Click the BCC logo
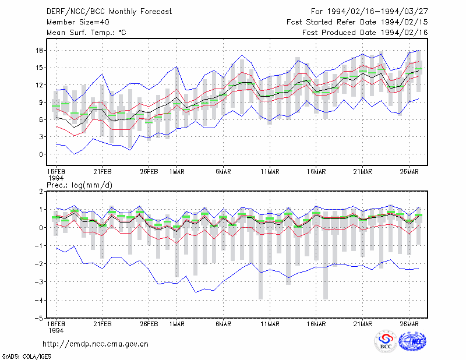pyautogui.click(x=385, y=341)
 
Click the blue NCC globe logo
pyautogui.click(x=412, y=341)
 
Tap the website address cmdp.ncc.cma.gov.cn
pyautogui.click(x=96, y=344)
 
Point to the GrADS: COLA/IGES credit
pyautogui.click(x=26, y=357)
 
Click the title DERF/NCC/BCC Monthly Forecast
pyautogui.click(x=109, y=12)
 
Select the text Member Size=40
pyautogui.click(x=78, y=22)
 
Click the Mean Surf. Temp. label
pyautogui.click(x=86, y=33)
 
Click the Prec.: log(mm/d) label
pyautogui.click(x=79, y=185)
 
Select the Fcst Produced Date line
pyautogui.click(x=365, y=33)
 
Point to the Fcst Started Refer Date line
pyautogui.click(x=357, y=22)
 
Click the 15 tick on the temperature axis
pyautogui.click(x=39, y=68)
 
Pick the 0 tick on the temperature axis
pyautogui.click(x=41, y=154)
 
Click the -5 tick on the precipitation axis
pyautogui.click(x=39, y=318)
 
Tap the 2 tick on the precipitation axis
pyautogui.click(x=41, y=192)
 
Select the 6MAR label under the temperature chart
pyautogui.click(x=223, y=172)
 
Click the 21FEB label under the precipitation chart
pyautogui.click(x=103, y=324)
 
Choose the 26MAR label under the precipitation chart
pyautogui.click(x=409, y=324)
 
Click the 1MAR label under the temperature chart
pyautogui.click(x=177, y=172)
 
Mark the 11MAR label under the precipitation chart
pyautogui.click(x=270, y=324)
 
